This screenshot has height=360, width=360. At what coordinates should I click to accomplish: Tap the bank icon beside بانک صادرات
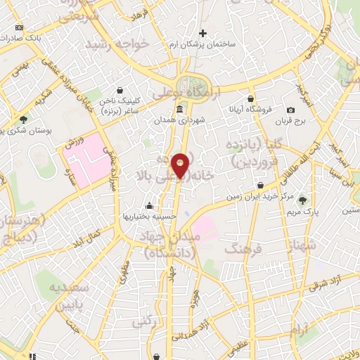(x=19, y=27)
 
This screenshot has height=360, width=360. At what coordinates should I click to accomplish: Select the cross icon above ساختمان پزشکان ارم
(x=203, y=33)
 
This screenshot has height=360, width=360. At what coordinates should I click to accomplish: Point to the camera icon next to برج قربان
(x=291, y=110)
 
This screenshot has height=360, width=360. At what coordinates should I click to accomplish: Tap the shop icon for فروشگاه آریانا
(x=251, y=99)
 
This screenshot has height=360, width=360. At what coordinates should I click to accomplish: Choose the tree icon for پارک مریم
(x=302, y=200)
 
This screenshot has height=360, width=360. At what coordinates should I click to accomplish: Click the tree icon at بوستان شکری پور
(x=24, y=120)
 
